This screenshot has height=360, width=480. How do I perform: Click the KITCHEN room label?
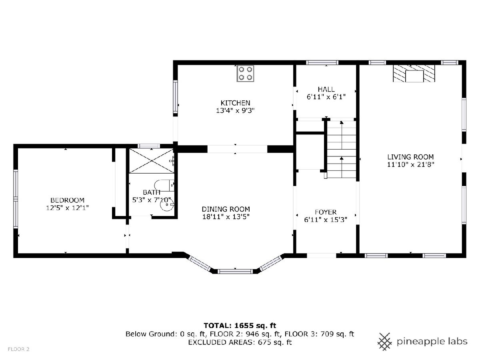(x=235, y=103)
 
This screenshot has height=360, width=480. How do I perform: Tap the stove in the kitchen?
(x=245, y=74)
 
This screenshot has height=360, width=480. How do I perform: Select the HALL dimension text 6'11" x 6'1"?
(x=326, y=97)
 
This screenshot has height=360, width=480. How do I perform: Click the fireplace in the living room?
(x=414, y=74)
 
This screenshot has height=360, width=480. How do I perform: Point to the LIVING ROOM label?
(x=410, y=157)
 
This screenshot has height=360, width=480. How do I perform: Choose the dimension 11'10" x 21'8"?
(x=410, y=164)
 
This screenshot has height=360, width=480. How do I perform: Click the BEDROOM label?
(x=67, y=200)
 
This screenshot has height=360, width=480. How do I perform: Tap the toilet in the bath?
(x=164, y=186)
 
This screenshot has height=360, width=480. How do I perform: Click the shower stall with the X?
(x=151, y=161)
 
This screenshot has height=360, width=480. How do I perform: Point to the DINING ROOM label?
(x=226, y=209)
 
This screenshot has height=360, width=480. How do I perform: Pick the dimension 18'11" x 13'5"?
(x=226, y=217)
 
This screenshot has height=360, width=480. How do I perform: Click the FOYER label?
(x=326, y=212)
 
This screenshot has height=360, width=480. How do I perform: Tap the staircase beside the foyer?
(x=342, y=149)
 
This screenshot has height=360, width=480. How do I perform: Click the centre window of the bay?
(x=235, y=272)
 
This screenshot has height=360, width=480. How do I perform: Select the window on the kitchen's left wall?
(x=175, y=96)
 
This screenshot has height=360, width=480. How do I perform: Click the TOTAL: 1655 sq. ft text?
(x=240, y=326)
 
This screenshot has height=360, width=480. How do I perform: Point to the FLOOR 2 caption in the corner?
(x=18, y=349)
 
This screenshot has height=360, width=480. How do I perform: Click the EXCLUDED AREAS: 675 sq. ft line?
(x=240, y=342)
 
